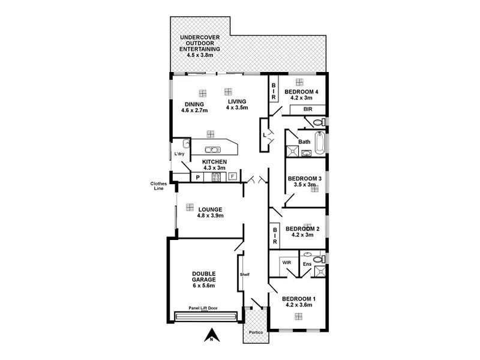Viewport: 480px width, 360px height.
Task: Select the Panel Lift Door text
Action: tap(203, 308)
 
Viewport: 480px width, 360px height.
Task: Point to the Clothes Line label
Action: tap(158, 186)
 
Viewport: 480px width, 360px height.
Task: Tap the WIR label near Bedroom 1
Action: tap(286, 262)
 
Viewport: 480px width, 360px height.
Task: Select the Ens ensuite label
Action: tap(306, 264)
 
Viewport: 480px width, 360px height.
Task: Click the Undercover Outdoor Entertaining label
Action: tap(200, 46)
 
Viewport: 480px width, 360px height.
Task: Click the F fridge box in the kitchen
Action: tap(232, 177)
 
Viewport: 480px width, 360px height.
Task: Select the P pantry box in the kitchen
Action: tap(197, 177)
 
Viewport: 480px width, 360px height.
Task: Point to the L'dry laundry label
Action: tap(179, 154)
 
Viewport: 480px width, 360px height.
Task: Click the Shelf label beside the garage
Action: tap(244, 275)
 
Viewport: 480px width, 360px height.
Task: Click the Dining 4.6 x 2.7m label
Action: tap(194, 107)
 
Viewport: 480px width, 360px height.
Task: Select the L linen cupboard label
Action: tap(263, 135)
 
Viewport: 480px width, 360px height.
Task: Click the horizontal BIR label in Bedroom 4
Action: tap(308, 110)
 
